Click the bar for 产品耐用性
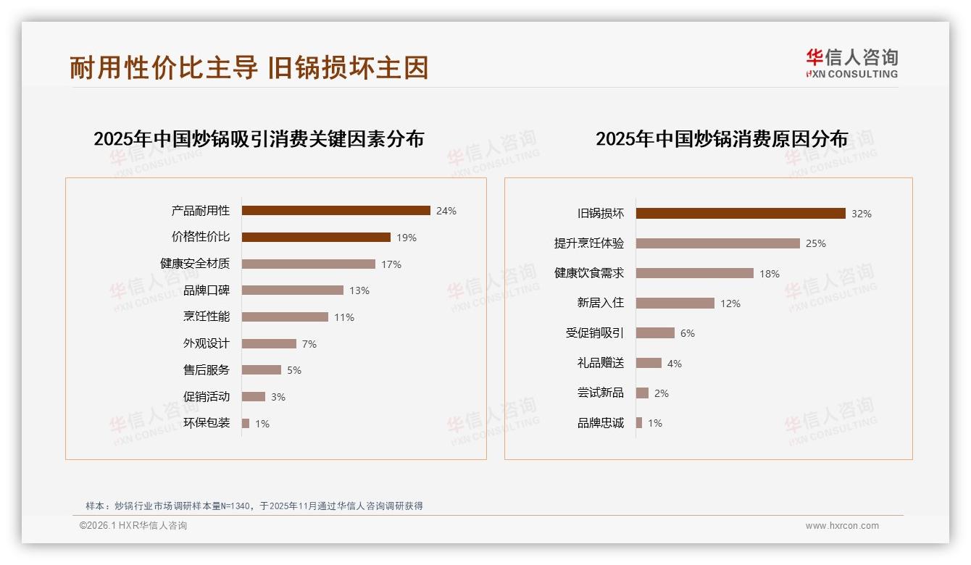click(336, 211)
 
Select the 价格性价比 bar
click(316, 238)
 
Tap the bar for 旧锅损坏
click(741, 214)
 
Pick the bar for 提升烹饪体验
click(718, 243)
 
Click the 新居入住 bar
click(675, 304)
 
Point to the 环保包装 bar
click(246, 423)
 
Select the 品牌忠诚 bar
click(639, 423)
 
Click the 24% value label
click(446, 212)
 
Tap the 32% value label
click(862, 214)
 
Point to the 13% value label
click(359, 290)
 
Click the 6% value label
click(688, 333)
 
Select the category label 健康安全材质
click(195, 264)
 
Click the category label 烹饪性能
click(207, 317)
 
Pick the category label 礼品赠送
click(601, 363)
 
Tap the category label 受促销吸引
click(595, 333)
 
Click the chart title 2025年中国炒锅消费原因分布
click(722, 139)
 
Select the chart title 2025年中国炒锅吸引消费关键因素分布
click(259, 139)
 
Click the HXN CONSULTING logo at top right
click(851, 64)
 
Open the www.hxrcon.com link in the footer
click(842, 526)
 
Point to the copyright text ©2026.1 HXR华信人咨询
click(133, 526)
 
